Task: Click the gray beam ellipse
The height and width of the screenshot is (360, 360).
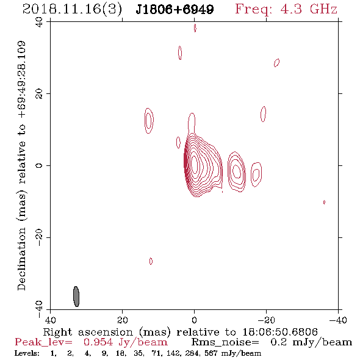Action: (x=76, y=297)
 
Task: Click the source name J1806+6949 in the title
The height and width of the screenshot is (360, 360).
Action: (x=175, y=9)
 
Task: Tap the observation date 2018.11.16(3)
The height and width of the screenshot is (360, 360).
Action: (x=73, y=10)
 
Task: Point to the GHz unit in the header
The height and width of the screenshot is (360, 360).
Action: (x=323, y=9)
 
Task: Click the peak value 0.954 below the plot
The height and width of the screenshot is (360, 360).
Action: (x=98, y=342)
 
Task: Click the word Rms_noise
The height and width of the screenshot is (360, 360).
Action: (x=225, y=342)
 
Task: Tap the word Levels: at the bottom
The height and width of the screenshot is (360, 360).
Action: (x=27, y=353)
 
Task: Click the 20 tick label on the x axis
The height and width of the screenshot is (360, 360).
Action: (x=123, y=320)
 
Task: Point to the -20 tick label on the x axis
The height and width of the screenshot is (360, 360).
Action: (x=266, y=320)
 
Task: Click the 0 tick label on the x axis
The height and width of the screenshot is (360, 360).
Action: (x=194, y=320)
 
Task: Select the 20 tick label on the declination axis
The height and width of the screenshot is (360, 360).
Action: (x=39, y=94)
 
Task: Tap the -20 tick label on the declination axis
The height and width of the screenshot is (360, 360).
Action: (x=39, y=237)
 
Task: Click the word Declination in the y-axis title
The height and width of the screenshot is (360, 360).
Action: (x=21, y=259)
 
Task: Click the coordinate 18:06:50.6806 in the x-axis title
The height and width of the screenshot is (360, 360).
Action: (x=280, y=332)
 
